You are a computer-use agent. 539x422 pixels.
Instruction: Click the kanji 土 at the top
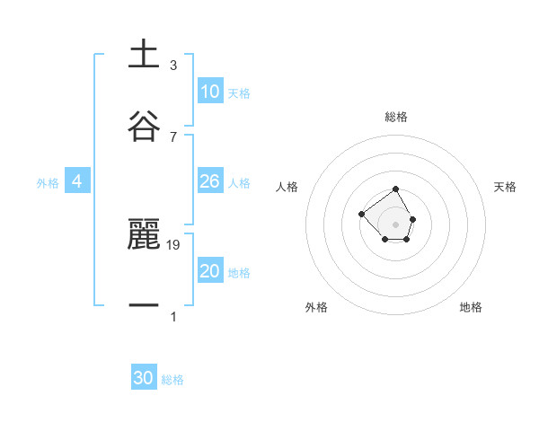[144, 54]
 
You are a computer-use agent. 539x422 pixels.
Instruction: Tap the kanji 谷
[144, 125]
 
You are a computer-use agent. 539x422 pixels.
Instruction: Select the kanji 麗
[144, 234]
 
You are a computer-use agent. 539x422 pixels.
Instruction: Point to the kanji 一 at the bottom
[144, 306]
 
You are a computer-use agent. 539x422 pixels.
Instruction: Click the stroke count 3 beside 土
[173, 65]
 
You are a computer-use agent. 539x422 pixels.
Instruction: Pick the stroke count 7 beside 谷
[173, 136]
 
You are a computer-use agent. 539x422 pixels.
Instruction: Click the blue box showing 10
[210, 92]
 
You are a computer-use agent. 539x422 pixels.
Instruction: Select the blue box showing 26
[210, 181]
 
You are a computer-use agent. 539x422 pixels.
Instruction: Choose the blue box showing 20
[210, 271]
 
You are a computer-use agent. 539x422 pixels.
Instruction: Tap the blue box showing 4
[77, 181]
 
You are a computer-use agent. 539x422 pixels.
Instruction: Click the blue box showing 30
[144, 378]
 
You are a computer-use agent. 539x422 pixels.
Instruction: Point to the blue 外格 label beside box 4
[48, 183]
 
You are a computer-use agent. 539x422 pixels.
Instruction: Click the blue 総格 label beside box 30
[172, 380]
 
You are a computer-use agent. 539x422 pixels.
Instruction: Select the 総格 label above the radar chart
[396, 117]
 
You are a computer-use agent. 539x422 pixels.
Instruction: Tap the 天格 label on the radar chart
[506, 187]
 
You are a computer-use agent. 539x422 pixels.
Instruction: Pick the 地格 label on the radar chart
[471, 307]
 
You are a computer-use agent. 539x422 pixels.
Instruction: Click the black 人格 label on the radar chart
[287, 187]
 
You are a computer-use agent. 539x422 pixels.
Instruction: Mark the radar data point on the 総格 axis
[396, 189]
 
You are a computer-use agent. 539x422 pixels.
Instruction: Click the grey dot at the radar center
[396, 224]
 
